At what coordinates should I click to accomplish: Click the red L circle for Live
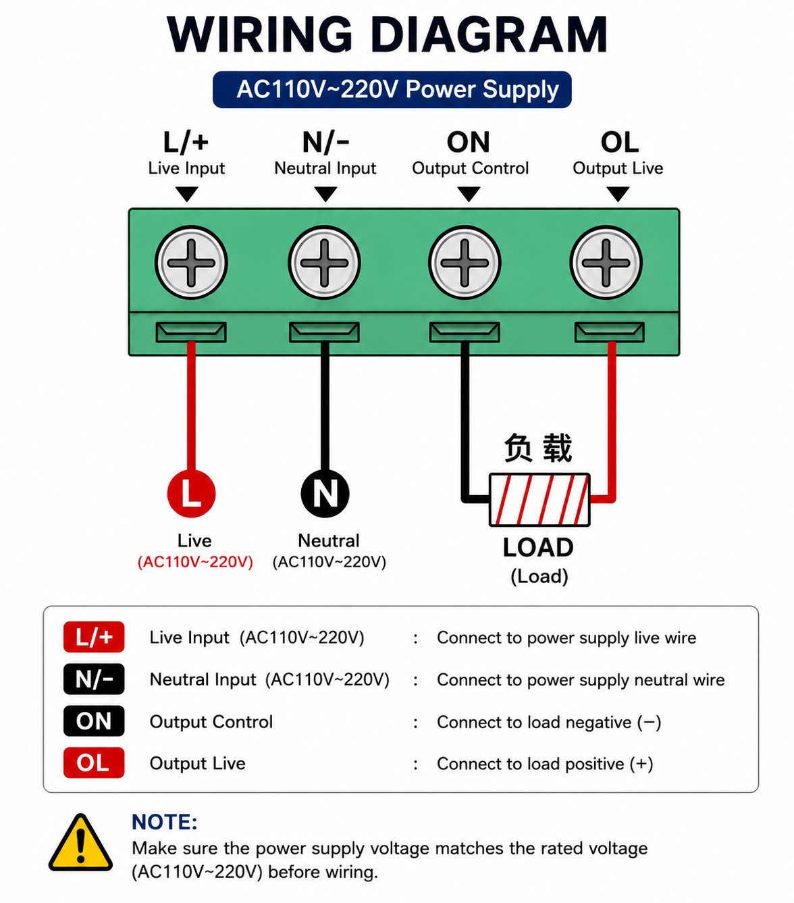click(x=191, y=494)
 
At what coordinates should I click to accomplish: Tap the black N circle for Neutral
click(x=325, y=494)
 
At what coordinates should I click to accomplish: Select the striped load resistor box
click(x=539, y=500)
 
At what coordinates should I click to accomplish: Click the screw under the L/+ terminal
click(x=191, y=263)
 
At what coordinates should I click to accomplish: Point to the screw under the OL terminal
click(x=606, y=263)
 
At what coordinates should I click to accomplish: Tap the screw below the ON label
click(x=465, y=263)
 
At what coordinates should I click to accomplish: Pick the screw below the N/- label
click(x=324, y=263)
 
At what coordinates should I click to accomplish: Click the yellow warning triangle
click(x=80, y=842)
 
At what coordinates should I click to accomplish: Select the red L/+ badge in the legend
click(x=94, y=637)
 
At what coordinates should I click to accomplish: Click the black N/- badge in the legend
click(x=94, y=679)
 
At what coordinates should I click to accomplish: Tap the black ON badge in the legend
click(x=94, y=721)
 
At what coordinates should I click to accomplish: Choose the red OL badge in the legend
click(x=94, y=763)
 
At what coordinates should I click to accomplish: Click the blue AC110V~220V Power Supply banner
click(x=392, y=89)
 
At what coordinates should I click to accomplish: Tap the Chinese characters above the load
click(x=538, y=448)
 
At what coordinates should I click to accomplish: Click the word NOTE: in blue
click(x=165, y=822)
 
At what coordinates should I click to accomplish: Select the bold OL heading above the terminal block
click(x=619, y=143)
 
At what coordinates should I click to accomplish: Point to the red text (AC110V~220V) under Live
click(x=195, y=562)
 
